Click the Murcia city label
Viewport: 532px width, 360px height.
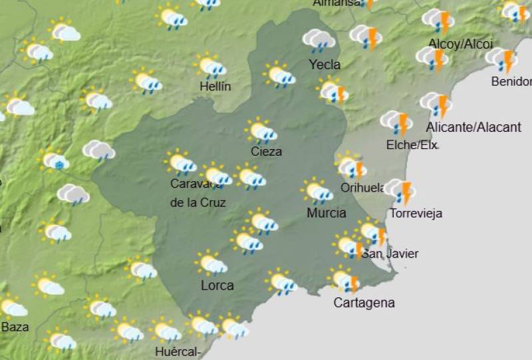click(326, 213)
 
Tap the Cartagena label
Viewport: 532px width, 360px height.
click(364, 303)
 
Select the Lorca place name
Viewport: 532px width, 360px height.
click(217, 285)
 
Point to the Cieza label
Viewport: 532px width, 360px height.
click(266, 151)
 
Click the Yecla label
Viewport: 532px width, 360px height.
click(325, 65)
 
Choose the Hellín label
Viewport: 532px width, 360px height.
click(215, 86)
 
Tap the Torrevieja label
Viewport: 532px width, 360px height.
click(416, 214)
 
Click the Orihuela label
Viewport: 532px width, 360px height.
click(363, 188)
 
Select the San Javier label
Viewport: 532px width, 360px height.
click(390, 254)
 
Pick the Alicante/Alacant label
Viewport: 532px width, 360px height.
click(473, 127)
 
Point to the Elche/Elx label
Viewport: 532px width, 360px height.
click(412, 144)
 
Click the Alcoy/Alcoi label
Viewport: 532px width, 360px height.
click(460, 44)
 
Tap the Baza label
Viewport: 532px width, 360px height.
click(15, 327)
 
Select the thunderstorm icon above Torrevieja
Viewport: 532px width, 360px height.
click(400, 192)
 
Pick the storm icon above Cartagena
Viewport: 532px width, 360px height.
click(344, 279)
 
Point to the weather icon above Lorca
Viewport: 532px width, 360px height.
click(211, 263)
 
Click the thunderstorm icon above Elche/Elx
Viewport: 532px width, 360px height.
click(396, 122)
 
